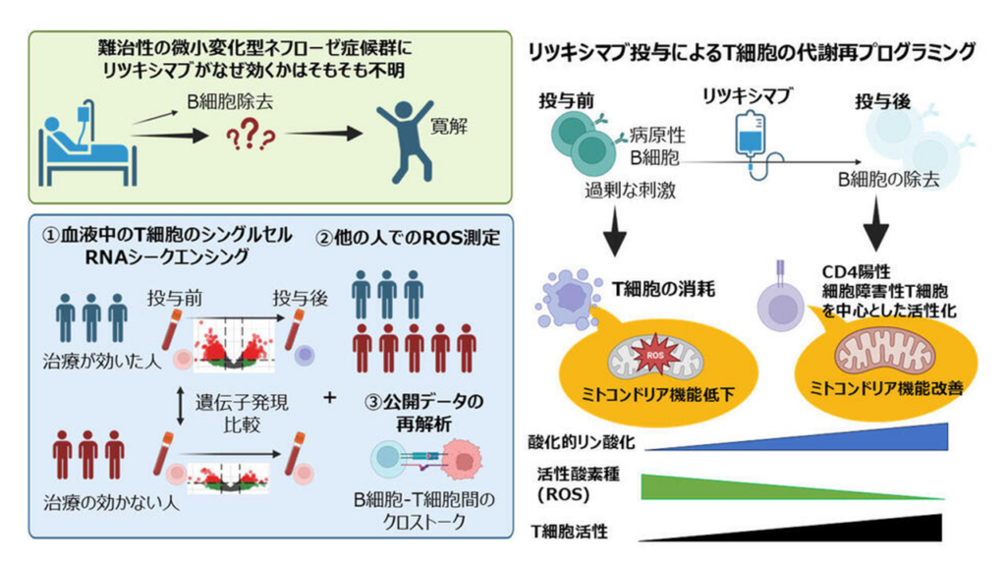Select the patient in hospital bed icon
point(87,147)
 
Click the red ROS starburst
point(655,355)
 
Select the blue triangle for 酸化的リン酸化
point(796,436)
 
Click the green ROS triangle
point(793,487)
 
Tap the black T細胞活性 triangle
point(791,528)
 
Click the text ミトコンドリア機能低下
point(657,395)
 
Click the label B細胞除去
point(230,101)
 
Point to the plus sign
point(330,398)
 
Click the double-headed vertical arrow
point(181,407)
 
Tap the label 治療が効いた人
point(101,362)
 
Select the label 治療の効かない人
point(111,502)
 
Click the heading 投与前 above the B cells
point(567,100)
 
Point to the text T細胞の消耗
point(663,290)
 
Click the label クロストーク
point(424,522)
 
